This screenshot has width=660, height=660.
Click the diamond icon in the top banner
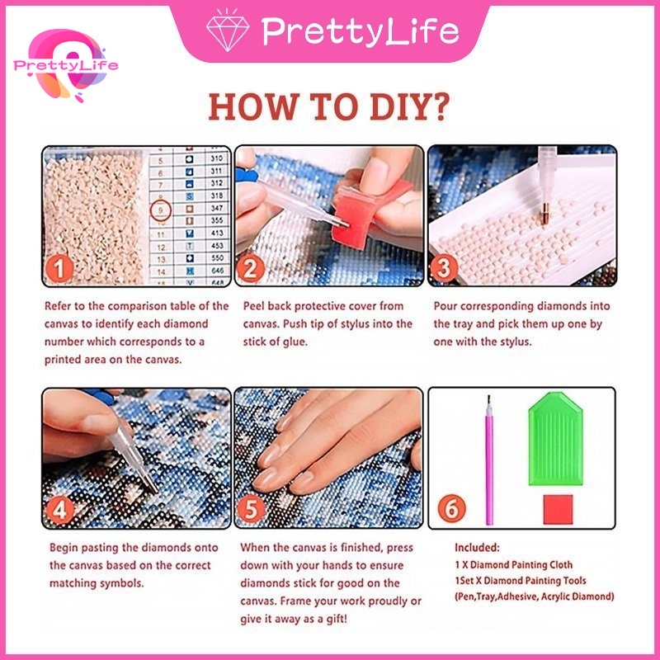(x=227, y=31)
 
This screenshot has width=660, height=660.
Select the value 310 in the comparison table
(x=216, y=158)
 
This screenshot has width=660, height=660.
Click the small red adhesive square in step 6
(x=558, y=509)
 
